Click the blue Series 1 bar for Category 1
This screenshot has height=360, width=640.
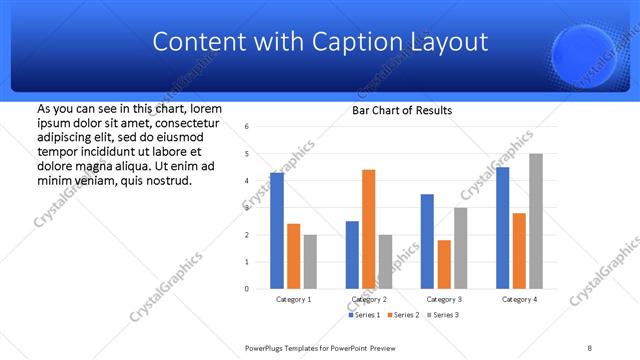pos(277,230)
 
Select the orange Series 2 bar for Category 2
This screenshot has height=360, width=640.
pos(369,229)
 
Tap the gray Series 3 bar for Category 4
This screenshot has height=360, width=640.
pos(536,221)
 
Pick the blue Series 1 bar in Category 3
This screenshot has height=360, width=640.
pos(427,241)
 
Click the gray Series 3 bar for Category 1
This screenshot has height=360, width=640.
pos(310,261)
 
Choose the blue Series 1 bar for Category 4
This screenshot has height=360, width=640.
pos(502,227)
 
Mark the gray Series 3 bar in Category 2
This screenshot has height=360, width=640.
pos(386,261)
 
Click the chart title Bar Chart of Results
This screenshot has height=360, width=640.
pos(402,110)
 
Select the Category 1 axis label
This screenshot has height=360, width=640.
pos(293,299)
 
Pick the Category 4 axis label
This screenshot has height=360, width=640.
pos(519,299)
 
